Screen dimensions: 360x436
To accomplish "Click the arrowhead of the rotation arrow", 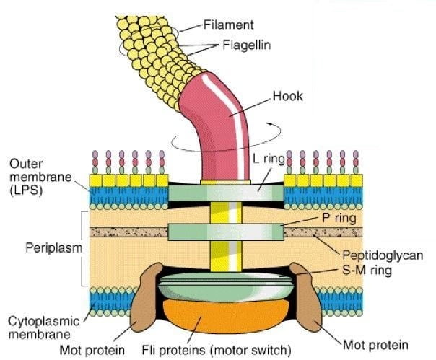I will [271, 124].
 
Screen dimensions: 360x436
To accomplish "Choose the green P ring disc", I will [223, 232].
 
